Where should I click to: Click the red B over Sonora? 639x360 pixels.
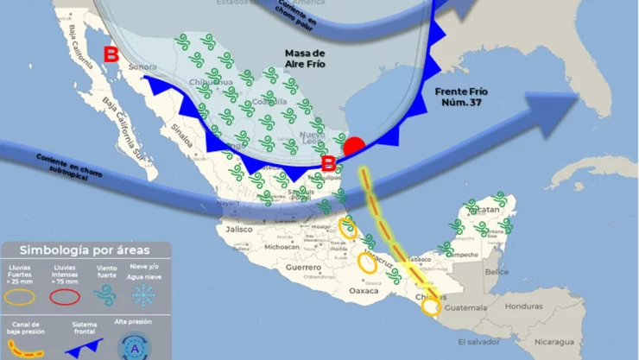[111, 55]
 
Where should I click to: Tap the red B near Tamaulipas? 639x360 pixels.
[328, 162]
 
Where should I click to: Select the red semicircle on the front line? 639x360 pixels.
[353, 146]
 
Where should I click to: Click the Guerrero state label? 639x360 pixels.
[304, 268]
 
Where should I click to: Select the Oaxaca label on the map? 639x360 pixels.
[364, 291]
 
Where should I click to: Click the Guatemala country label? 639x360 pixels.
[468, 307]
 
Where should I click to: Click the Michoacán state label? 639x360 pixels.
[282, 247]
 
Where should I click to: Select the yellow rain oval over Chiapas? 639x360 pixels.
[431, 305]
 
